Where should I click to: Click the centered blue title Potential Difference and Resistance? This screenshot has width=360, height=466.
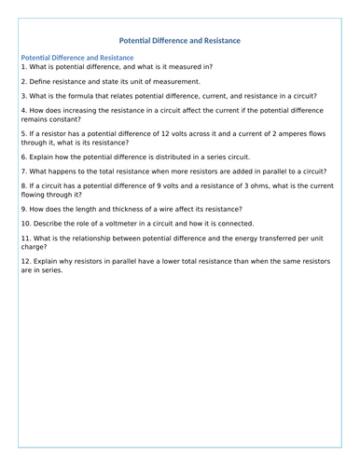(x=180, y=41)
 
